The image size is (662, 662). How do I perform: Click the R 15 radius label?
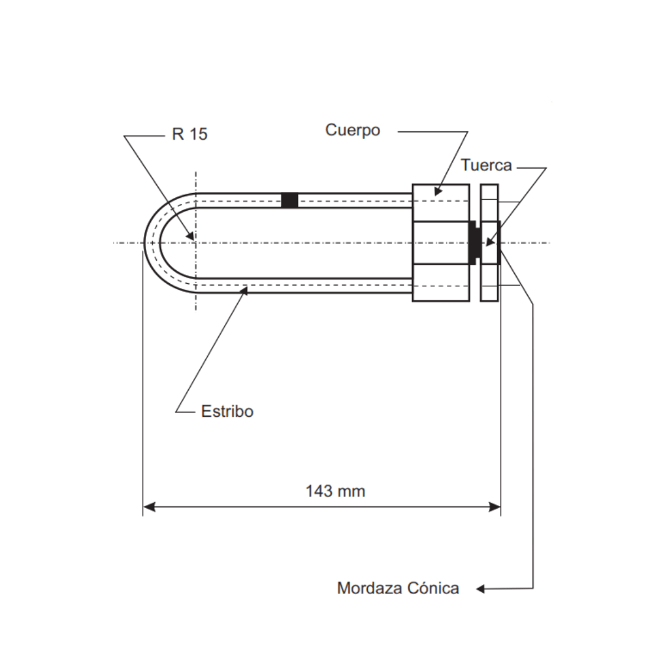[x=189, y=134]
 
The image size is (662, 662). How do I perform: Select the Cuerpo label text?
[x=352, y=131]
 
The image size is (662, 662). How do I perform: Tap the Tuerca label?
[x=486, y=165]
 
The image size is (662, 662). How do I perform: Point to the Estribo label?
[x=227, y=411]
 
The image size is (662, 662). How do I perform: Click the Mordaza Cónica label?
[x=398, y=588]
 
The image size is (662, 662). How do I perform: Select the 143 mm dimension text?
[x=335, y=491]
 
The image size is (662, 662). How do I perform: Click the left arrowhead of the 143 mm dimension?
[x=149, y=507]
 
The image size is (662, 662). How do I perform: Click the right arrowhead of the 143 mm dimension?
[x=495, y=507]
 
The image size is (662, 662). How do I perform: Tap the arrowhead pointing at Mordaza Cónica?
[x=481, y=589]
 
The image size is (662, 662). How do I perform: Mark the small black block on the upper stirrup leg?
[x=289, y=200]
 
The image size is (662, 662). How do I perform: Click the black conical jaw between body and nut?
[x=474, y=243]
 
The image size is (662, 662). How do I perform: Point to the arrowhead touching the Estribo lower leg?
[x=245, y=291]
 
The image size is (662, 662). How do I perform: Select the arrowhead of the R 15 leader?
[x=191, y=236]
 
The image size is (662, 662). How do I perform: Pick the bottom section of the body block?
[x=441, y=283]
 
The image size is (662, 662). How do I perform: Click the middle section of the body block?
[x=441, y=243]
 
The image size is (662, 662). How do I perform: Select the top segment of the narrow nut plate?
[x=490, y=202]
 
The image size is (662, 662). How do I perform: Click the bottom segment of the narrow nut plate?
[x=490, y=283]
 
